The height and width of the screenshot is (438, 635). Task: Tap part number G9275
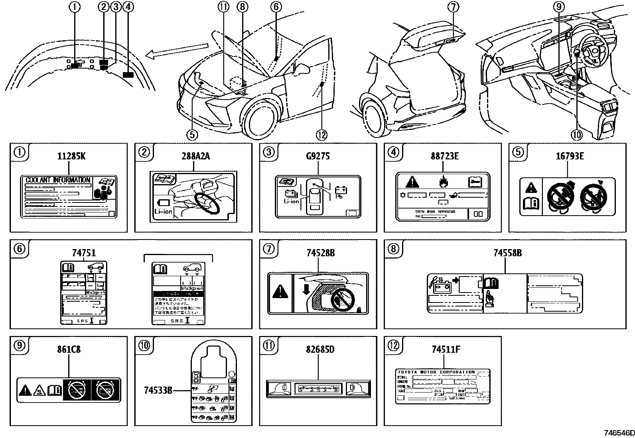tap(318, 156)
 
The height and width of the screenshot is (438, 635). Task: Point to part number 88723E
tap(444, 156)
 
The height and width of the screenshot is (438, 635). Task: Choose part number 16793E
tap(570, 156)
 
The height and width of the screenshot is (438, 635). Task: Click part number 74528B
tap(320, 253)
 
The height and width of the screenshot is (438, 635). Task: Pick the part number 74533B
tap(158, 390)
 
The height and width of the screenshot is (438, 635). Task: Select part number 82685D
tap(320, 350)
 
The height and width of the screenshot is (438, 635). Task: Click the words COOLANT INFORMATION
tap(58, 180)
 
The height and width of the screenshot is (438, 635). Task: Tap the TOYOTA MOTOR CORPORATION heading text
tap(436, 372)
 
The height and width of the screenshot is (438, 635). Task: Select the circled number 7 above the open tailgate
tap(453, 7)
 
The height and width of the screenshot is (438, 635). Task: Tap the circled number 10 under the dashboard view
tap(577, 135)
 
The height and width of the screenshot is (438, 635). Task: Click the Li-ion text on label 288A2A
tap(163, 211)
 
